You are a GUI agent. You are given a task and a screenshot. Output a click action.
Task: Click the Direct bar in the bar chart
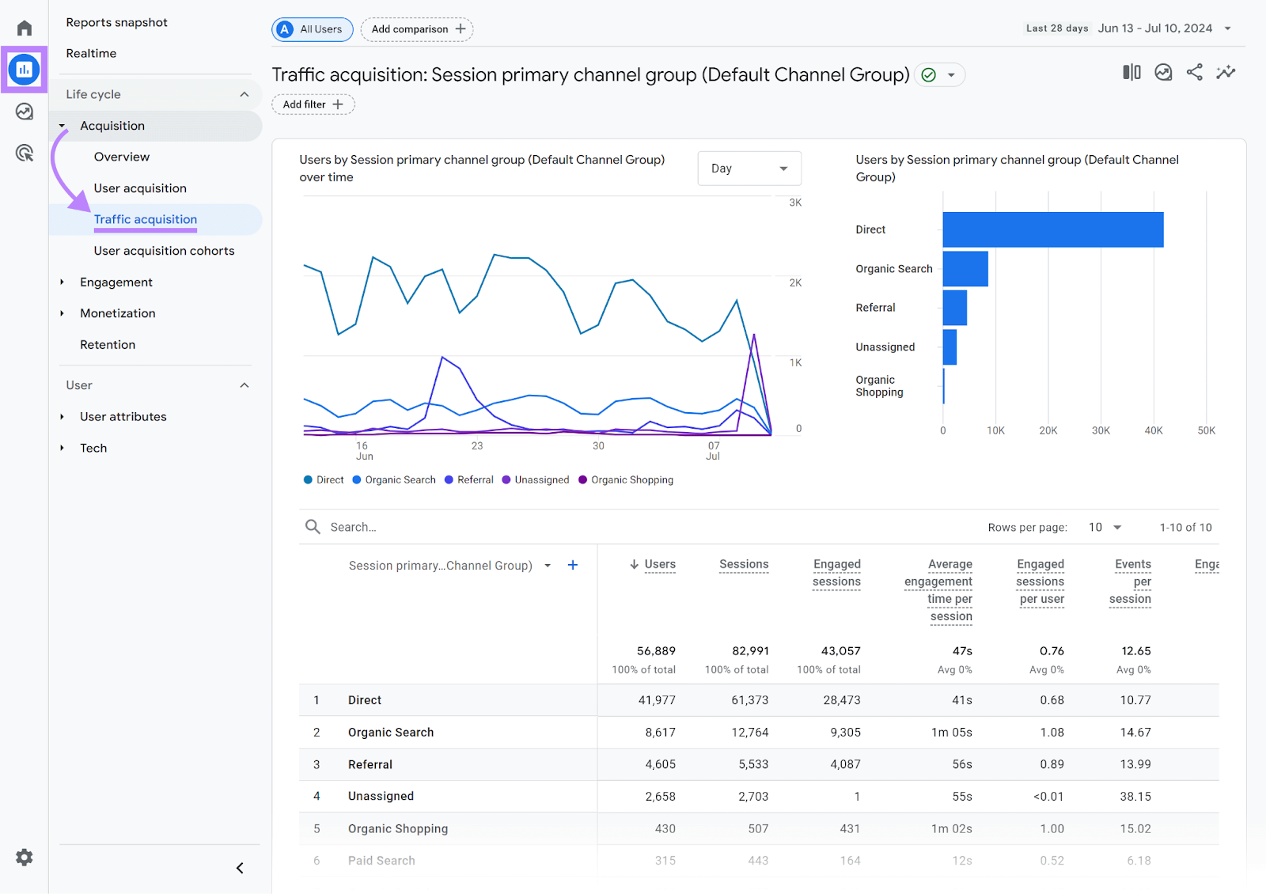click(1052, 229)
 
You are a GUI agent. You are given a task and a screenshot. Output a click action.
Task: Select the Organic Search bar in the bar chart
click(965, 269)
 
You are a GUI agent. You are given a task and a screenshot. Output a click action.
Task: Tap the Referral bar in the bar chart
click(954, 308)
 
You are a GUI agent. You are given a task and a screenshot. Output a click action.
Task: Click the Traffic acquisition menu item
click(146, 219)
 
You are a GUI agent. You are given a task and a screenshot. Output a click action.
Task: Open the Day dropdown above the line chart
click(749, 169)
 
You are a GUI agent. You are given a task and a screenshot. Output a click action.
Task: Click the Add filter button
click(313, 104)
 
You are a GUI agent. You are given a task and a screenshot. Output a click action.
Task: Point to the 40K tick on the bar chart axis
click(1153, 430)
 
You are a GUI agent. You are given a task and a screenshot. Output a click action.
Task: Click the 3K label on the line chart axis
click(795, 203)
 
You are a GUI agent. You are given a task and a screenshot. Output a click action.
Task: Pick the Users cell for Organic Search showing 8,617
click(660, 733)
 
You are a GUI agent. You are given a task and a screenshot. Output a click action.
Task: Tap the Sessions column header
click(744, 564)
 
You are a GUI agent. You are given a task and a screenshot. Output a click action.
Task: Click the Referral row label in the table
click(370, 764)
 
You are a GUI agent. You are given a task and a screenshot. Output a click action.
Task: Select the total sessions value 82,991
click(750, 651)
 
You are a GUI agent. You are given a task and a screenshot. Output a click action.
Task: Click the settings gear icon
click(25, 858)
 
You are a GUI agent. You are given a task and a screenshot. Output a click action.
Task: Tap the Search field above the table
click(475, 527)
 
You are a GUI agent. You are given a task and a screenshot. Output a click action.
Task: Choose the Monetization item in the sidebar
click(118, 313)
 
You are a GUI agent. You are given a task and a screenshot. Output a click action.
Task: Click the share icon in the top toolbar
click(1194, 73)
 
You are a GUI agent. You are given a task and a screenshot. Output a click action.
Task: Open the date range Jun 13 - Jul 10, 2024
click(1154, 28)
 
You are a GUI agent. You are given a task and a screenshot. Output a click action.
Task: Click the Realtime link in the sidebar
click(91, 53)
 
